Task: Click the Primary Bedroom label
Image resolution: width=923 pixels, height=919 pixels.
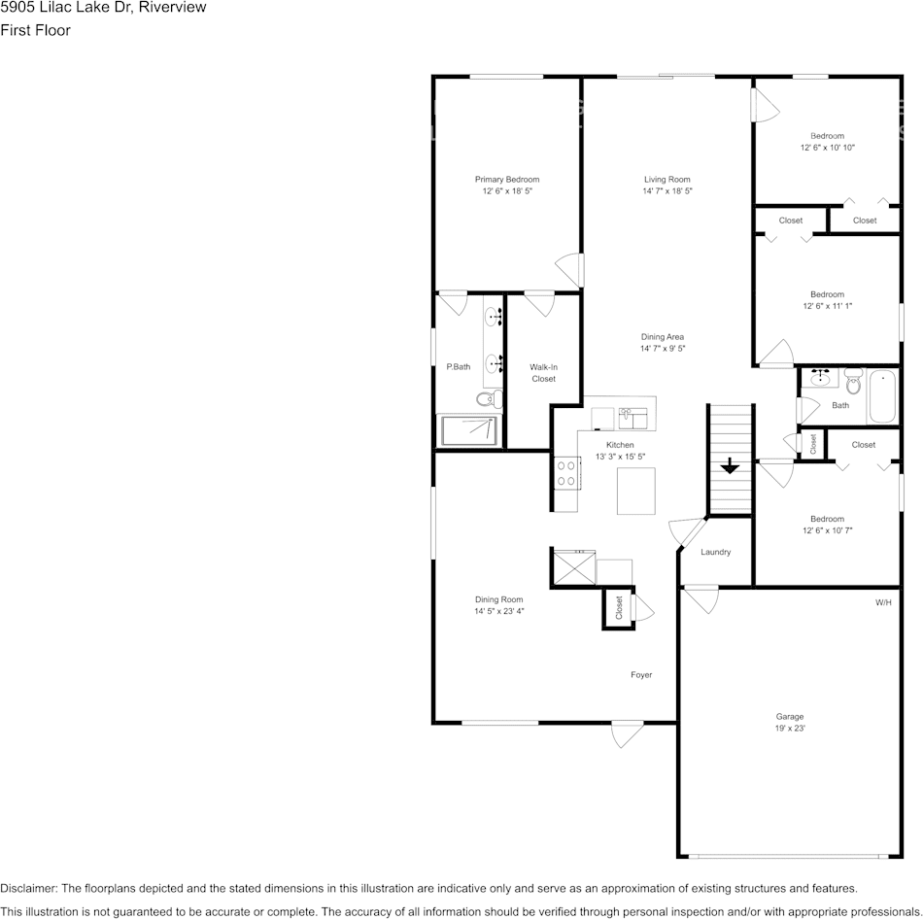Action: pos(506,180)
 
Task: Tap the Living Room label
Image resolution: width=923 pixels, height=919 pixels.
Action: pos(667,180)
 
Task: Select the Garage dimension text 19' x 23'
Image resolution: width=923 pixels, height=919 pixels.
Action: pos(789,728)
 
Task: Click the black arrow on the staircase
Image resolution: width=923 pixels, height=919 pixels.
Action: pos(729,467)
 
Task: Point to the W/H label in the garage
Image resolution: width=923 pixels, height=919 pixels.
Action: pos(882,602)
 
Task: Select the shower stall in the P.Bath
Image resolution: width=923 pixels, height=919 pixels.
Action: pos(470,430)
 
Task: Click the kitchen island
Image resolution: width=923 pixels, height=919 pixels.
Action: pos(635,491)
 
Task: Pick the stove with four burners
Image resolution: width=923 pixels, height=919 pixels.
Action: pos(566,474)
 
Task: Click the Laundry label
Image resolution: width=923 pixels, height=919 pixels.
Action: pos(715,552)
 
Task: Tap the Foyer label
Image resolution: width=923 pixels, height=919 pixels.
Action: pos(640,674)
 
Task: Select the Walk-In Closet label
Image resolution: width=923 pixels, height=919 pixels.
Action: pos(543,373)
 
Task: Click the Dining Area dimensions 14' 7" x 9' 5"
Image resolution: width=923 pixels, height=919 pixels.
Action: pos(663,349)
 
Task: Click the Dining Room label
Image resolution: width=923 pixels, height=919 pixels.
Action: pos(498,600)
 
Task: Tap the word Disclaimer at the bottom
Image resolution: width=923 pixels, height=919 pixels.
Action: pos(28,888)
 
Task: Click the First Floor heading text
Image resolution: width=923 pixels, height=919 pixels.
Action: pos(35,30)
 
